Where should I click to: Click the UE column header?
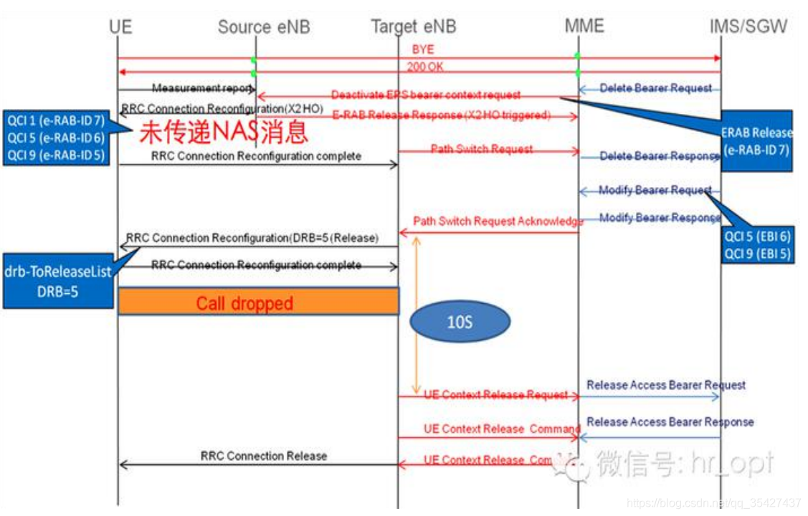click(x=120, y=27)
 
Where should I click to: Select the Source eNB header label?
click(x=265, y=27)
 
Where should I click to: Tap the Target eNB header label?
click(x=413, y=27)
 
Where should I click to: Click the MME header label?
click(x=584, y=27)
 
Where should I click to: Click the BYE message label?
click(x=422, y=49)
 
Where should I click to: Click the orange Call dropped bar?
click(x=257, y=302)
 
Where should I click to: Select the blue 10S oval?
click(x=459, y=322)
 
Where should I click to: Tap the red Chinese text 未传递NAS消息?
click(x=223, y=132)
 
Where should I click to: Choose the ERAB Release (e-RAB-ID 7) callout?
click(x=757, y=140)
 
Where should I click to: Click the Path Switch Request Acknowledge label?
click(x=498, y=221)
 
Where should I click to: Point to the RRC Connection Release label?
click(x=263, y=456)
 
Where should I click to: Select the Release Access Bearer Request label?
click(x=666, y=386)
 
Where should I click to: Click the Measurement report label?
click(x=202, y=87)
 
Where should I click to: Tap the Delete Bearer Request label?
click(x=655, y=88)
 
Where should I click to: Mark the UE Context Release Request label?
click(x=495, y=395)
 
